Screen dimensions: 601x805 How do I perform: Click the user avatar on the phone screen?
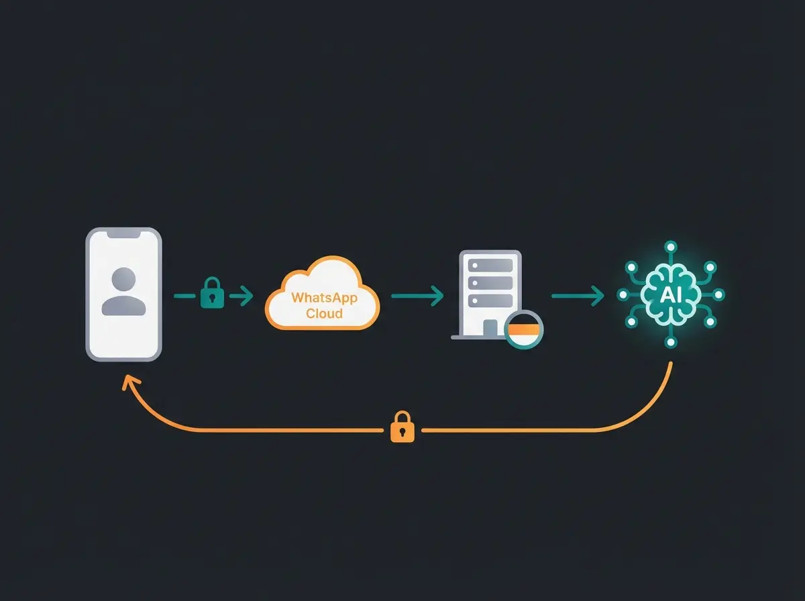click(x=123, y=291)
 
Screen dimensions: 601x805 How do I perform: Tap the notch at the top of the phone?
click(x=123, y=234)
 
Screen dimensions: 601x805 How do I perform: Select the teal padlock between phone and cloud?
click(x=212, y=294)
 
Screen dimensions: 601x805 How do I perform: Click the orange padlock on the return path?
click(x=402, y=427)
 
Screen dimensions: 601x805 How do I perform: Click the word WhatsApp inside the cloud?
click(x=324, y=298)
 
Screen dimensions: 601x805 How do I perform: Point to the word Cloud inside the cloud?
click(x=324, y=313)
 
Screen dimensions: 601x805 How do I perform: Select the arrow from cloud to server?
click(x=417, y=295)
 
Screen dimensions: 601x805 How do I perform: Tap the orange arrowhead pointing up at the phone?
click(x=125, y=382)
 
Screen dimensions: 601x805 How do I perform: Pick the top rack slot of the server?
click(x=490, y=266)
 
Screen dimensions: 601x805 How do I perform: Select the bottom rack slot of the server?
click(x=490, y=300)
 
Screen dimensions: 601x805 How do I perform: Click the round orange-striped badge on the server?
click(x=523, y=329)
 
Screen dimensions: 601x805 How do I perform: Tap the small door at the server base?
click(x=490, y=328)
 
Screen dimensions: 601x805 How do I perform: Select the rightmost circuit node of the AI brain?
click(x=718, y=294)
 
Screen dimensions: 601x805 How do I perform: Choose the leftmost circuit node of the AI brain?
click(x=622, y=294)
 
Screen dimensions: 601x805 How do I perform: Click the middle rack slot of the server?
click(x=490, y=282)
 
